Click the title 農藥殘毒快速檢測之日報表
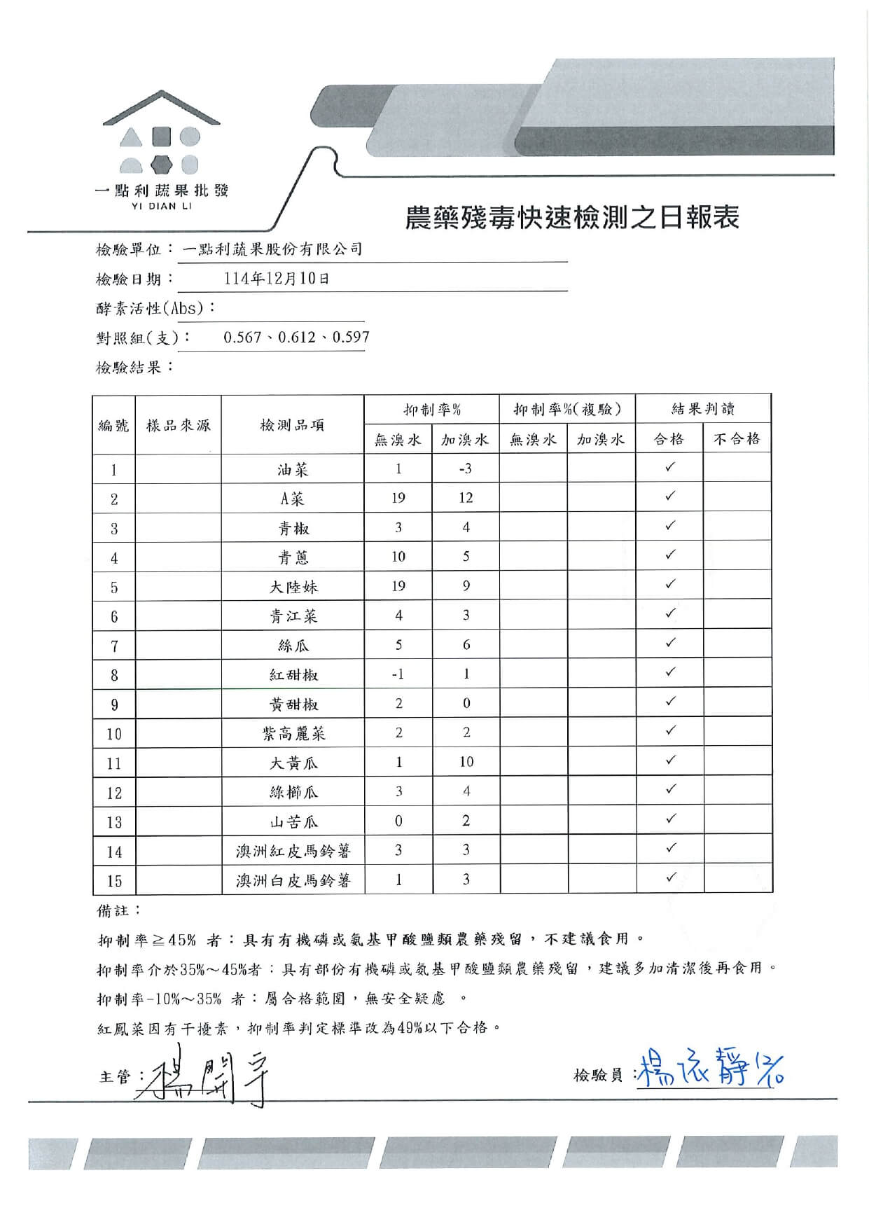pyautogui.click(x=572, y=218)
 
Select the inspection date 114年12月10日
pyautogui.click(x=277, y=279)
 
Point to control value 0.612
pyautogui.click(x=296, y=338)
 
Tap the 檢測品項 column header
pyautogui.click(x=292, y=425)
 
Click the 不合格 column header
pyautogui.click(x=737, y=439)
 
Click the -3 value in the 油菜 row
pyautogui.click(x=466, y=468)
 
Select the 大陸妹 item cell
pyautogui.click(x=293, y=587)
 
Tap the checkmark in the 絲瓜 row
pyautogui.click(x=670, y=643)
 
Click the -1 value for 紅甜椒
pyautogui.click(x=398, y=674)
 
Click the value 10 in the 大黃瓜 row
pyautogui.click(x=466, y=762)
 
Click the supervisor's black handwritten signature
pyautogui.click(x=203, y=1075)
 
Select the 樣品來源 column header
pyautogui.click(x=178, y=425)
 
